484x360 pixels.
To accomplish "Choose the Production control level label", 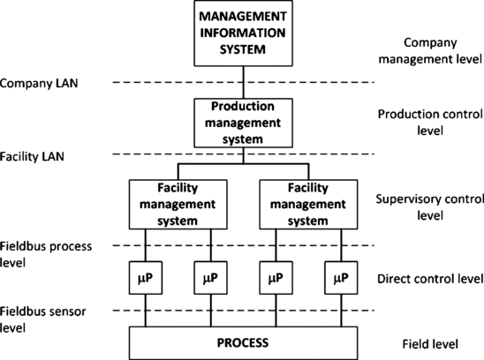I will coord(428,122).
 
